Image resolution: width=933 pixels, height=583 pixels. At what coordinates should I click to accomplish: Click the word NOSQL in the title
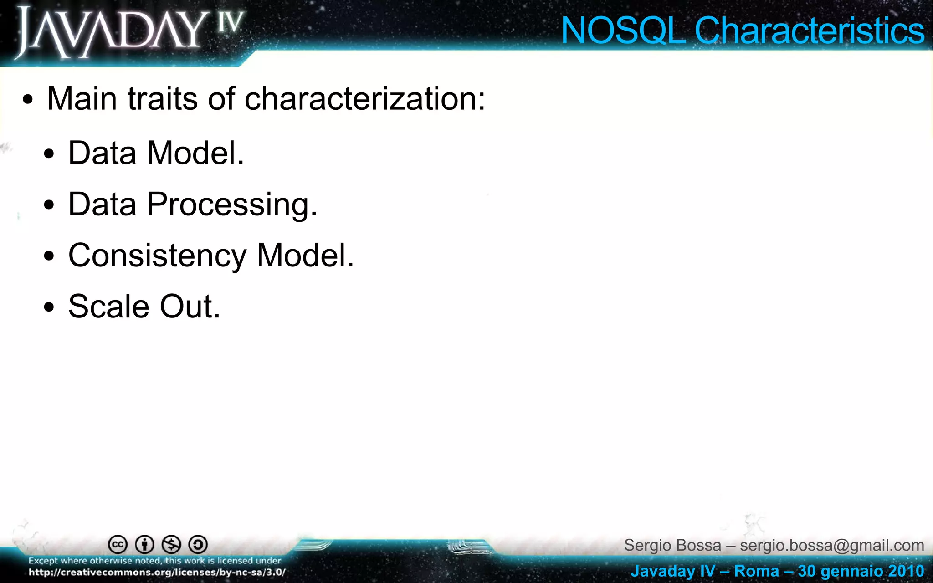click(622, 31)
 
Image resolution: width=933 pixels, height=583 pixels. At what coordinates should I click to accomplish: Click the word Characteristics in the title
click(809, 31)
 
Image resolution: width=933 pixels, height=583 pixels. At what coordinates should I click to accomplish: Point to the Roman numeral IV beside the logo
click(231, 23)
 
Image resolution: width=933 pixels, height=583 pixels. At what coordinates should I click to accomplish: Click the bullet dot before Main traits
click(28, 100)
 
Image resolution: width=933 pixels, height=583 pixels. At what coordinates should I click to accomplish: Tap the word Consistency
click(157, 256)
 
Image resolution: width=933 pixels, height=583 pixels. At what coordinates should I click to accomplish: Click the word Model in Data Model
click(195, 153)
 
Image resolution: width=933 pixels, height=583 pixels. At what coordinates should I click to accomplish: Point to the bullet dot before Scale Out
click(49, 307)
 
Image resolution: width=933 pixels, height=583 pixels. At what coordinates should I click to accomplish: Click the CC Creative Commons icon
click(118, 544)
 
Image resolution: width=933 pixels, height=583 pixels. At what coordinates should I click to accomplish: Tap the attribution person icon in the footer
click(144, 544)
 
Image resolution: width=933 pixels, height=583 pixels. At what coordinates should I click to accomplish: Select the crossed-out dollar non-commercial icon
click(171, 544)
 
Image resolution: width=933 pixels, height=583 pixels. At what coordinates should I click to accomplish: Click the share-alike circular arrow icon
click(198, 544)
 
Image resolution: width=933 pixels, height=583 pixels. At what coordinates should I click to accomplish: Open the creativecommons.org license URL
click(157, 573)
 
